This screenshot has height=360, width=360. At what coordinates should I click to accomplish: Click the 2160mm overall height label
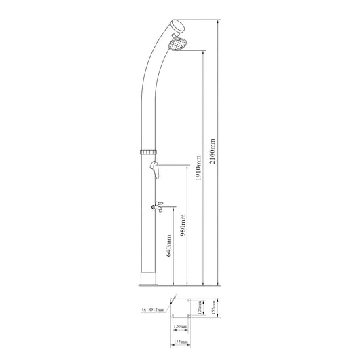[213, 151]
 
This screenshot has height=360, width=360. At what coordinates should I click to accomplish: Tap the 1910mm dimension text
[198, 168]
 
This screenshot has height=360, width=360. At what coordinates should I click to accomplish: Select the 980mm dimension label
[183, 225]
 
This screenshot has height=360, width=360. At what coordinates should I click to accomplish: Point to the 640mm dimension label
[168, 245]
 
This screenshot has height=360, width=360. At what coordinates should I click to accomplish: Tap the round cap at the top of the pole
[178, 26]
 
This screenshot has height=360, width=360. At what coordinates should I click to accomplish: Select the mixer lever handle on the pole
[154, 169]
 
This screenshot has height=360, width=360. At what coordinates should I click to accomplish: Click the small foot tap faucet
[158, 206]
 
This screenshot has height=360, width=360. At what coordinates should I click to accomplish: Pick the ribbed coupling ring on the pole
[148, 151]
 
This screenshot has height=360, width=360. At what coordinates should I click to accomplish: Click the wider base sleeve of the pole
[148, 278]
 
